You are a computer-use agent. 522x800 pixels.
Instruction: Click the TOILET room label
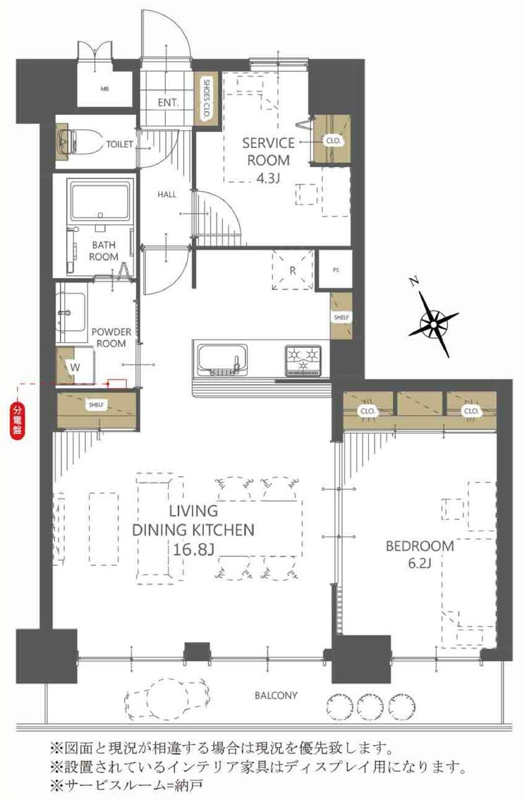coord(119,145)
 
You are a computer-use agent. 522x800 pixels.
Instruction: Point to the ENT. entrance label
coord(168,102)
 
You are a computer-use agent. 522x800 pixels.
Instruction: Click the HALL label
coord(167,195)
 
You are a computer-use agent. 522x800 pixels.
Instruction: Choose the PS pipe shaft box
coord(335,269)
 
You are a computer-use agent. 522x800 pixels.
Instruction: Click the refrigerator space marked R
coord(292,270)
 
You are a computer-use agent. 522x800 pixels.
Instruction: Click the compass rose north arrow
coord(432,322)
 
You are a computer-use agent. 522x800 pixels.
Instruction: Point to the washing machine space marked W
coord(75,366)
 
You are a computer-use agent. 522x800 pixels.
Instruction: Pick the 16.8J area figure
coord(192,550)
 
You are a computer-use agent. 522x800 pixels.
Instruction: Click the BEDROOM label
coord(420,546)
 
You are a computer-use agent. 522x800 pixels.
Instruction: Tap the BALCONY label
coord(276,696)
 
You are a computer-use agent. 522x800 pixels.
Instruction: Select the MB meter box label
coord(104,89)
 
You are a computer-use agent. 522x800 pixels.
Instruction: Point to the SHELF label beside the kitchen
coord(341,317)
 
